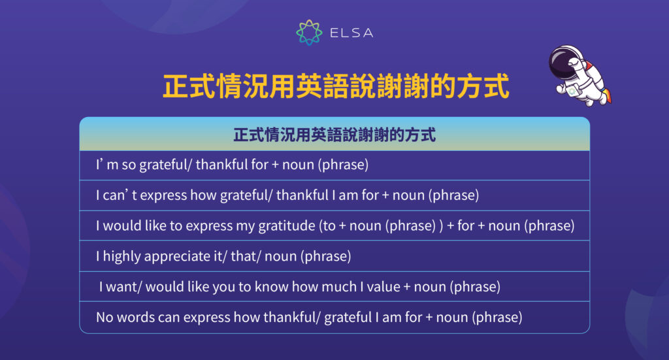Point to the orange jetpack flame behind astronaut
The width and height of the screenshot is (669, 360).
coord(608,96)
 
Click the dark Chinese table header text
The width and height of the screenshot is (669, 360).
coord(334,135)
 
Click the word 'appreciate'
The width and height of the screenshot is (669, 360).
coord(175,257)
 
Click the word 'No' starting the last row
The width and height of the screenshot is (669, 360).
coord(105,318)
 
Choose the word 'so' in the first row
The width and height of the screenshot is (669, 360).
coord(129,165)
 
